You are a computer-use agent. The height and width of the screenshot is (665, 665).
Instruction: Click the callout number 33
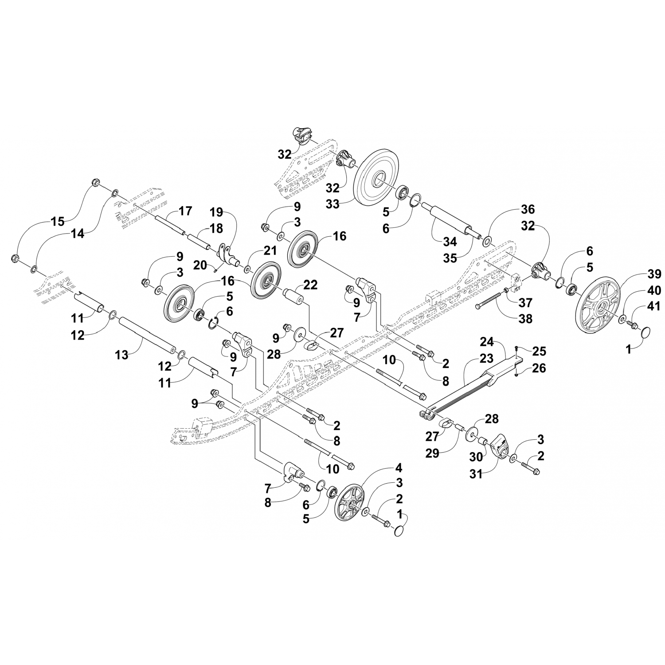coord(332,204)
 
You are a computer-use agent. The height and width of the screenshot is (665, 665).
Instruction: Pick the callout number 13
coord(121,354)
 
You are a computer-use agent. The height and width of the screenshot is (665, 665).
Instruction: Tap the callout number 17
coord(185,211)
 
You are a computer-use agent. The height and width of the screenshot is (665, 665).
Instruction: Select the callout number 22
coord(311,286)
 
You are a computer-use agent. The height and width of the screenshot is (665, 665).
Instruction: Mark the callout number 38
coord(526,318)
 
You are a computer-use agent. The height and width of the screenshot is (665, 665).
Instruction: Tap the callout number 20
coord(200,265)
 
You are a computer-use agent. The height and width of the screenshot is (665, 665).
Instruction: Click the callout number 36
coord(528,209)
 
